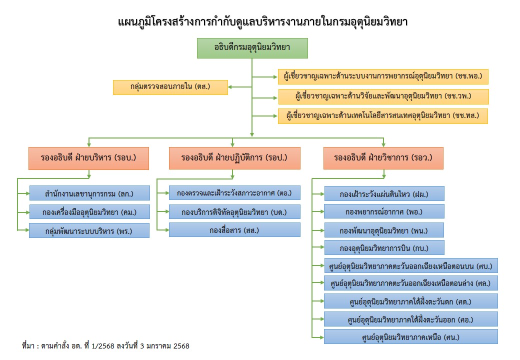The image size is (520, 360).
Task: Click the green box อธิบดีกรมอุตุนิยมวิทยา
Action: (252, 48)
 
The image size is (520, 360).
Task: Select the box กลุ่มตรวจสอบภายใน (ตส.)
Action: (170, 87)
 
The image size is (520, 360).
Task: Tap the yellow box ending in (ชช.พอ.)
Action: (383, 76)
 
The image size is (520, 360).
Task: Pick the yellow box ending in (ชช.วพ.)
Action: (383, 96)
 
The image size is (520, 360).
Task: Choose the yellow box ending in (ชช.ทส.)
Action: (383, 116)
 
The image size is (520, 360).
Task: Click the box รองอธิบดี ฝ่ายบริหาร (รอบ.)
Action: (88, 158)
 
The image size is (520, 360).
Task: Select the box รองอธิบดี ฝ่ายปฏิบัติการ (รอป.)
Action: (234, 158)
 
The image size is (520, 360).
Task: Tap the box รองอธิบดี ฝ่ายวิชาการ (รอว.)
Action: (383, 158)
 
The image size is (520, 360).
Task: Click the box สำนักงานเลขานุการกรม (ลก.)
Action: (89, 193)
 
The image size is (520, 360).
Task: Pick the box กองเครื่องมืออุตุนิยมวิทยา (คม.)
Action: (89, 211)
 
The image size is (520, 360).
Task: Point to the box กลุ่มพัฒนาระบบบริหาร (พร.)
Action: (89, 230)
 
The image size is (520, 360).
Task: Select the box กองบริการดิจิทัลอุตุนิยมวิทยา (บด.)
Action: (234, 211)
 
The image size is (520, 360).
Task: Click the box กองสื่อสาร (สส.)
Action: (234, 229)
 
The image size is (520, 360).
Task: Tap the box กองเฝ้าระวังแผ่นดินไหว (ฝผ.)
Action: (384, 193)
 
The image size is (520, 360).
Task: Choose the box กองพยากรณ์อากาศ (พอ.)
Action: (384, 211)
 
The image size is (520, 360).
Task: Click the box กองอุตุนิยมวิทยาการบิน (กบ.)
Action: (384, 247)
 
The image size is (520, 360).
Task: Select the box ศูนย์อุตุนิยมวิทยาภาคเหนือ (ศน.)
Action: (410, 336)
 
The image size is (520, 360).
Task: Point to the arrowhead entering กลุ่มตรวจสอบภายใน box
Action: (230, 87)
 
